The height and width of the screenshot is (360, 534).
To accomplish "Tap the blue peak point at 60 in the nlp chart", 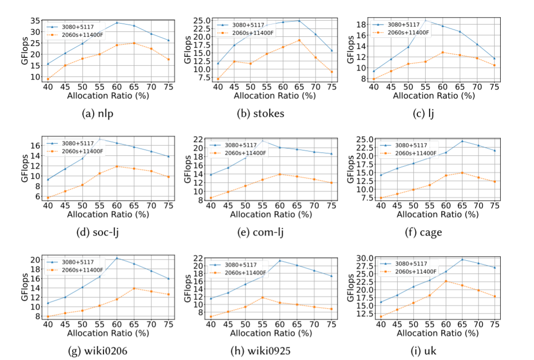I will [117, 23].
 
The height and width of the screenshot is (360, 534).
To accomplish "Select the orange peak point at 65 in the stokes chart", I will [299, 40].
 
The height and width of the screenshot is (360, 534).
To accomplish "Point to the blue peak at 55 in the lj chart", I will [425, 20].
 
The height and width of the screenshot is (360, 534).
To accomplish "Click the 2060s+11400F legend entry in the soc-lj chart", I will [82, 151].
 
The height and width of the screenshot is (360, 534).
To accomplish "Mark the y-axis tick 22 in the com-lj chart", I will [200, 139].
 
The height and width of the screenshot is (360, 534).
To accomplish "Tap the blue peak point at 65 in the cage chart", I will [462, 141].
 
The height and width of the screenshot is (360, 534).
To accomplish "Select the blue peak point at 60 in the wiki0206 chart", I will [117, 258].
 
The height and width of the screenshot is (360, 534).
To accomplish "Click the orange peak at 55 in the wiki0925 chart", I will [263, 297].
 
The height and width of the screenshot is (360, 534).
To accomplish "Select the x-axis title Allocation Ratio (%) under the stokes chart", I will [271, 95].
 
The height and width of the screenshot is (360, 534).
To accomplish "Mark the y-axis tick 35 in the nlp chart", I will [34, 21].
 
